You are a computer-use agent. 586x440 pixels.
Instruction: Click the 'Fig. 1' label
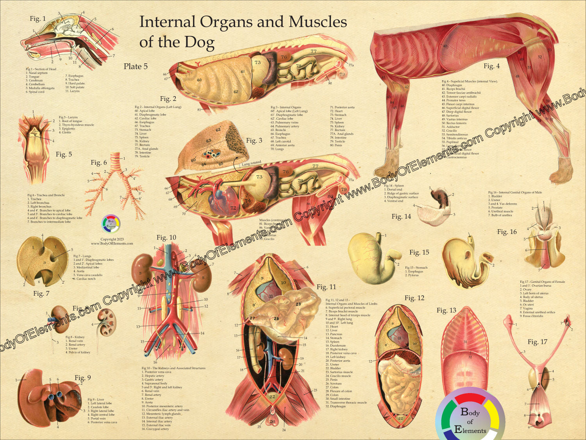[x=38, y=19]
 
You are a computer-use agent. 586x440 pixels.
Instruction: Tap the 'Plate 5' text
[x=136, y=66]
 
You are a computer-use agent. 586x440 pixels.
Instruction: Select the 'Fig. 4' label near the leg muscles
[x=491, y=66]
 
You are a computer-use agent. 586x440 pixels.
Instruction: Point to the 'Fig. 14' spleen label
[x=401, y=217]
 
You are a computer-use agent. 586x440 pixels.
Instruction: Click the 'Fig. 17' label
[x=537, y=342]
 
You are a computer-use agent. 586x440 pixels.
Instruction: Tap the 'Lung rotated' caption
[x=251, y=163]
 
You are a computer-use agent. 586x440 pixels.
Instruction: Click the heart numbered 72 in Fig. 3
[x=233, y=208]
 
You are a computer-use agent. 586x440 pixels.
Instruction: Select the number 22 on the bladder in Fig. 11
[x=272, y=397]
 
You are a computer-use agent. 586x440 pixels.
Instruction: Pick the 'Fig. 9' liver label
[x=82, y=377]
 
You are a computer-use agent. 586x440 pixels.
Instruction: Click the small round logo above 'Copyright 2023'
[x=111, y=224]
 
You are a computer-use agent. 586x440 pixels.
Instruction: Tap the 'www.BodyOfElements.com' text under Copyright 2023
[x=112, y=244]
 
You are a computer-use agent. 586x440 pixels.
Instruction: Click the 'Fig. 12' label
[x=414, y=298]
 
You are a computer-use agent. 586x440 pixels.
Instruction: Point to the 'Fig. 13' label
[x=446, y=311]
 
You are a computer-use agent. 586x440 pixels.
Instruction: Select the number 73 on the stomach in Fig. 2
[x=257, y=62]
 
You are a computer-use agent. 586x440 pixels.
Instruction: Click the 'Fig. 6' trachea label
[x=98, y=162]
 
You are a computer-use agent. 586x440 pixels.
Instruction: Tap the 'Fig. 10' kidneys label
[x=166, y=237]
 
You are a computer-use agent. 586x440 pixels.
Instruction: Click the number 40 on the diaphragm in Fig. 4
[x=445, y=46]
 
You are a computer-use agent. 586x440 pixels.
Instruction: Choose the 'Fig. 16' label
[x=507, y=232]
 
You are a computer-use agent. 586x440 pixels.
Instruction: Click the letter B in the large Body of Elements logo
[x=465, y=412]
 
